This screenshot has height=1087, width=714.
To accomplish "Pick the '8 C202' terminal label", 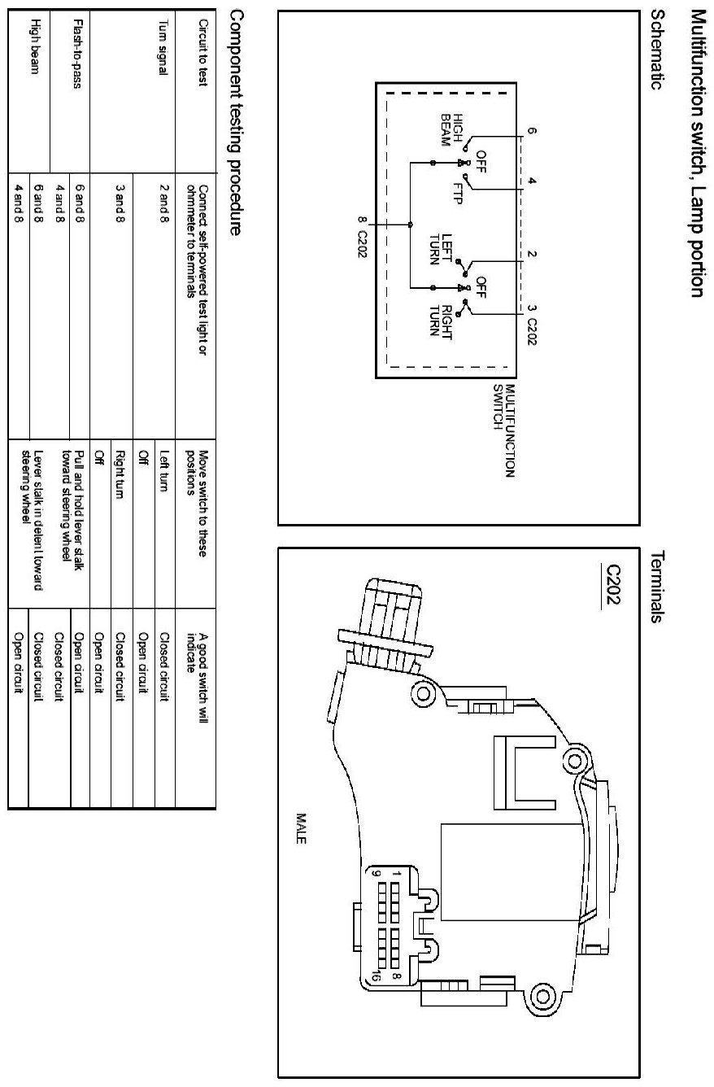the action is coord(361,235).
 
